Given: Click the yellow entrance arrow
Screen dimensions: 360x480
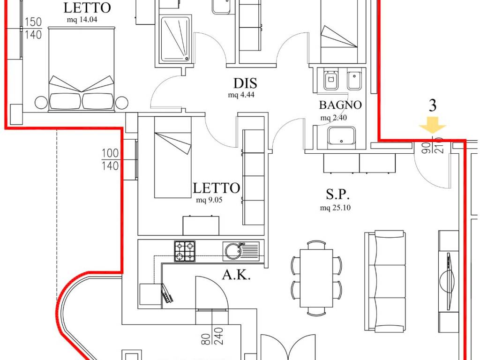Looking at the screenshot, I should click(433, 125).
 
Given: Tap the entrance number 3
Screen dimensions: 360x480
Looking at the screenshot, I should click(432, 105).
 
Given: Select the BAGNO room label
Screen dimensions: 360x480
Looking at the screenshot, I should click(340, 105).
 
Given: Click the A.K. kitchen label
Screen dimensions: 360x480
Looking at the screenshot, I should click(236, 275).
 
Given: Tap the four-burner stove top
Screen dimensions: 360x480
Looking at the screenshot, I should click(185, 251).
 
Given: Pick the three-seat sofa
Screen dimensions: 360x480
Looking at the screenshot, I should click(384, 280).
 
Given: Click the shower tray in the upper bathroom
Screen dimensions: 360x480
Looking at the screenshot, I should click(176, 39).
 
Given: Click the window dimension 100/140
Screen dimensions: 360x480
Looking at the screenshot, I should click(110, 159).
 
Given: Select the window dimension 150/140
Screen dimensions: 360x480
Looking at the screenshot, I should click(33, 28).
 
